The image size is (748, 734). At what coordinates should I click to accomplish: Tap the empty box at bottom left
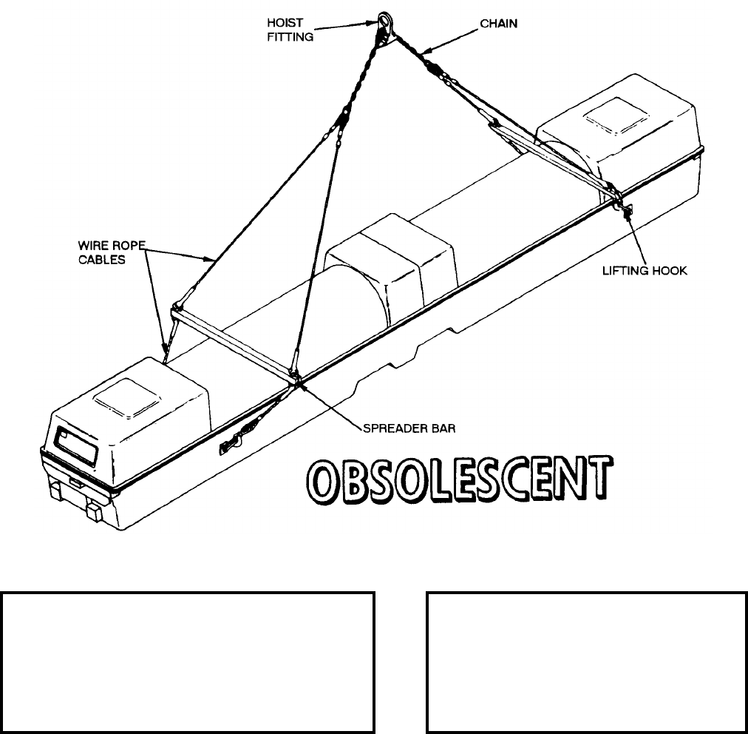pos(187,660)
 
